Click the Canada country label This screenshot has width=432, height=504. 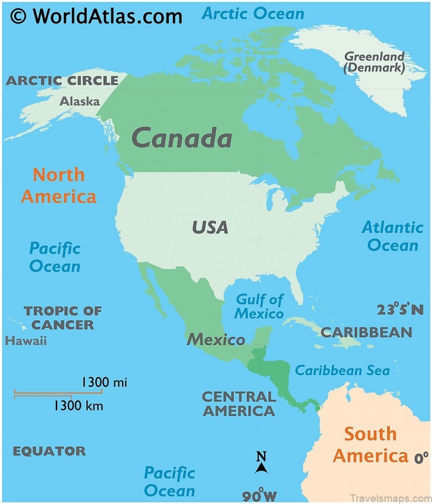click(x=182, y=138)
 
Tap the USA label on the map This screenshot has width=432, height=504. click(x=210, y=227)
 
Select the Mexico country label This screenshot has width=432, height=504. click(x=215, y=340)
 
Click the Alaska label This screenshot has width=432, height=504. click(x=79, y=101)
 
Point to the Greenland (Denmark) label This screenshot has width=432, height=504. click(x=374, y=62)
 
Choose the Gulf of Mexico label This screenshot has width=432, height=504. click(x=259, y=306)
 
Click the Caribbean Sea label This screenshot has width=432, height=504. click(x=342, y=371)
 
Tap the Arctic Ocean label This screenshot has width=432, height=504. click(x=253, y=13)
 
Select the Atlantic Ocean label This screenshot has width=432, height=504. click(x=393, y=236)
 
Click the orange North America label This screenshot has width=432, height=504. click(x=58, y=185)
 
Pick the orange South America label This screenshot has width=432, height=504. click(x=370, y=445)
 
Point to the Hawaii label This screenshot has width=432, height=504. click(x=25, y=341)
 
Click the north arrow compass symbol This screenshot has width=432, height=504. click(x=261, y=463)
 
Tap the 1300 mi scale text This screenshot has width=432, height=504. click(x=104, y=382)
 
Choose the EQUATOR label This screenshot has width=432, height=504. click(x=49, y=451)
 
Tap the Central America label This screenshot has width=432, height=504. click(x=238, y=404)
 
